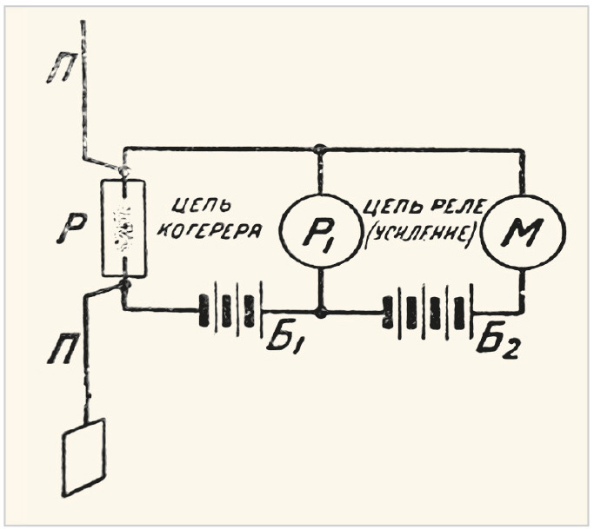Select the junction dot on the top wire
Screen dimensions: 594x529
point(321,149)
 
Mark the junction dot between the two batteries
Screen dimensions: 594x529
point(321,313)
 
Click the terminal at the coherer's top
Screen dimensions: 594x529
point(123,171)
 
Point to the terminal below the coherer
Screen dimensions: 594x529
point(124,285)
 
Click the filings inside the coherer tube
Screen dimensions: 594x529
point(123,229)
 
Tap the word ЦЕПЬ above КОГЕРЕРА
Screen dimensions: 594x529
point(197,206)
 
